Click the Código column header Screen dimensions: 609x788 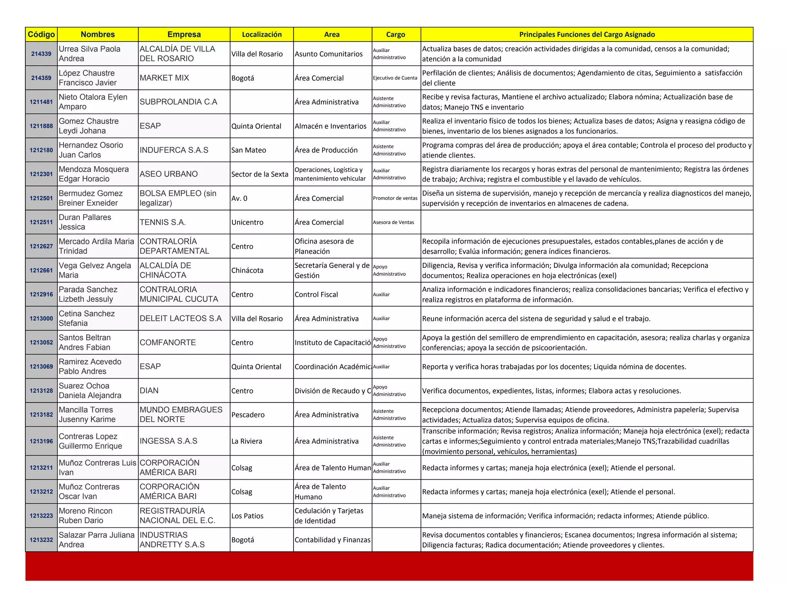pyautogui.click(x=41, y=35)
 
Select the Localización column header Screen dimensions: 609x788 pyautogui.click(x=262, y=35)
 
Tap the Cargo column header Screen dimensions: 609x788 pyautogui.click(x=396, y=35)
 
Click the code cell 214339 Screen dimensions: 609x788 pyautogui.click(x=41, y=54)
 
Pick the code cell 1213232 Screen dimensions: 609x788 pyautogui.click(x=41, y=540)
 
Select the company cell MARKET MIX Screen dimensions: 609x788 pyautogui.click(x=164, y=78)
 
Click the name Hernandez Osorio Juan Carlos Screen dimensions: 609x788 pyautogui.click(x=91, y=150)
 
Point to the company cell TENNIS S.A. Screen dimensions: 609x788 pyautogui.click(x=163, y=222)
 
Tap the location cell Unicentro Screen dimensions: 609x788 pyautogui.click(x=247, y=222)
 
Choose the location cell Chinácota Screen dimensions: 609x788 pyautogui.click(x=247, y=270)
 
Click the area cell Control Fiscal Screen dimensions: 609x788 pyautogui.click(x=316, y=295)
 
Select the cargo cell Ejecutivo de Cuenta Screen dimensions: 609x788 pyautogui.click(x=395, y=78)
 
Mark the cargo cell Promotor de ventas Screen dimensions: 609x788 pyautogui.click(x=395, y=199)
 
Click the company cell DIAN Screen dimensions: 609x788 pyautogui.click(x=149, y=390)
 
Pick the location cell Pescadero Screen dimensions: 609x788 pyautogui.click(x=248, y=415)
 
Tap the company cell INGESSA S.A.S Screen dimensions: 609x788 pyautogui.click(x=169, y=441)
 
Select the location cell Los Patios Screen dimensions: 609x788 pyautogui.click(x=247, y=516)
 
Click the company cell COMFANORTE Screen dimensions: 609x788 pyautogui.click(x=168, y=342)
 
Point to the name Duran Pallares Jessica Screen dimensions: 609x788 pyautogui.click(x=85, y=222)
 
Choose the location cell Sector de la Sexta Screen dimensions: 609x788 pyautogui.click(x=260, y=174)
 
